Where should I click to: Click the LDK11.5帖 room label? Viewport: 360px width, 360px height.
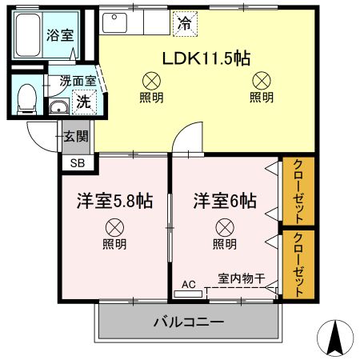coord(206,58)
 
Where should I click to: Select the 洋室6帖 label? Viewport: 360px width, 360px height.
coord(224,201)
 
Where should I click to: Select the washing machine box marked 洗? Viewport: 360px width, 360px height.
coord(82,102)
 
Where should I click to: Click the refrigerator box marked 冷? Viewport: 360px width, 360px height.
coord(184,24)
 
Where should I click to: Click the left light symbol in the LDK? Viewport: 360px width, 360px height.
coord(149,80)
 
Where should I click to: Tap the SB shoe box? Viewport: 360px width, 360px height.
coord(78,162)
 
